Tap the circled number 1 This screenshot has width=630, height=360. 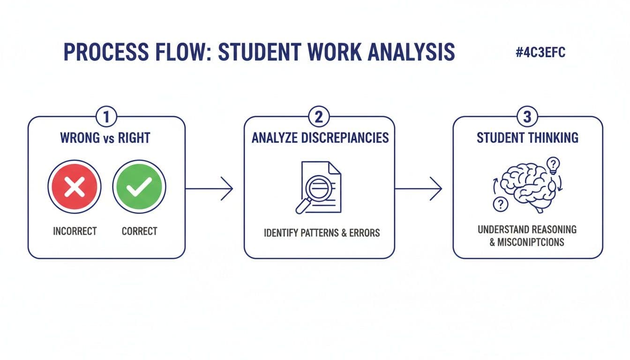(x=106, y=117)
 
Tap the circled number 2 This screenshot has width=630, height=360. (x=319, y=117)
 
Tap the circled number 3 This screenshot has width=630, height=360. (x=527, y=117)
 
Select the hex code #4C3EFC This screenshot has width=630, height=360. (x=540, y=52)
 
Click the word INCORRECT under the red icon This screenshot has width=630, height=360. (x=75, y=231)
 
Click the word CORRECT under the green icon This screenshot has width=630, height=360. (x=139, y=231)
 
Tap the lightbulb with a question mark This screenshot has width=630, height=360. (x=554, y=165)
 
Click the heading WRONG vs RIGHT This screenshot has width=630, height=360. (x=105, y=138)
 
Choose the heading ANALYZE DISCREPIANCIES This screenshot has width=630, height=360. (x=320, y=138)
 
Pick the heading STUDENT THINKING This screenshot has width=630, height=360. (x=527, y=138)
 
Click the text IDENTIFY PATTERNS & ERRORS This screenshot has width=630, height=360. (x=322, y=232)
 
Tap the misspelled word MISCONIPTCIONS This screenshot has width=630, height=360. (x=530, y=242)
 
